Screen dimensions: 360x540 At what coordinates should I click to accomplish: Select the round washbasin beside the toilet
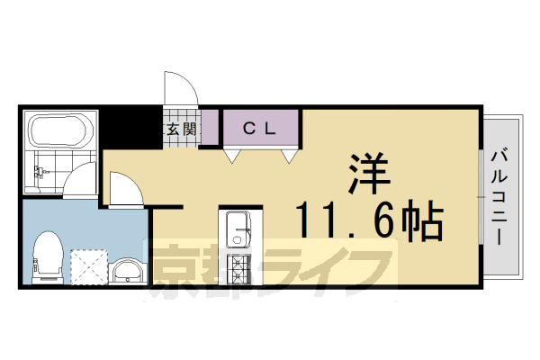128,271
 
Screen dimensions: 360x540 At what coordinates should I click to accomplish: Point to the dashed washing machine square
88,265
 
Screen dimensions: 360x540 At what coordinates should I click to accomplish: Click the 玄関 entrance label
180,129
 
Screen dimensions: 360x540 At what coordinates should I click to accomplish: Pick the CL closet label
260,128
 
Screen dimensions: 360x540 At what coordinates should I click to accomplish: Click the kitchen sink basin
239,229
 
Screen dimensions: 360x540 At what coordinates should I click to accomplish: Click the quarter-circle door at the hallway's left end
122,190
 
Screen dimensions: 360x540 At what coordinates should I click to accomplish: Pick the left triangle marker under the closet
232,157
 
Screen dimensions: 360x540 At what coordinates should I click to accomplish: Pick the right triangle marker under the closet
289,157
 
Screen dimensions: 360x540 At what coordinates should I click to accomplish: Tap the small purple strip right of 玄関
210,128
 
